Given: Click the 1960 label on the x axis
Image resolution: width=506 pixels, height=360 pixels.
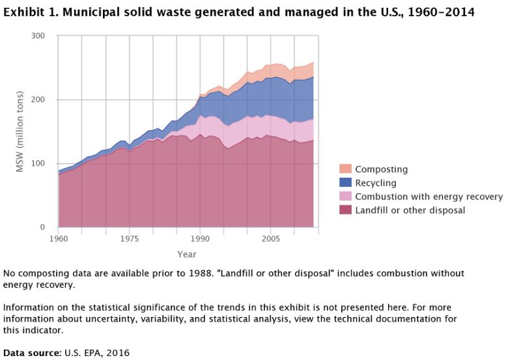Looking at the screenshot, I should pos(59,239).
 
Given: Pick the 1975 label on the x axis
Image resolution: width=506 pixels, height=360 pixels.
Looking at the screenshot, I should pos(130,239).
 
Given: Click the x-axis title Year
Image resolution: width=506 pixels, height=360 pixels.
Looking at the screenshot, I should pos(187,255).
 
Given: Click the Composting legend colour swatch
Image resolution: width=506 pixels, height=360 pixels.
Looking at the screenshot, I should pos(345,169).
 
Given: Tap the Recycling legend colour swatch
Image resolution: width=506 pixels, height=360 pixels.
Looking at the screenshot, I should pos(345,183).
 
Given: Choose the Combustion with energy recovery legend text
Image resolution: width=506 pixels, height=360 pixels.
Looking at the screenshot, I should pos(429,197).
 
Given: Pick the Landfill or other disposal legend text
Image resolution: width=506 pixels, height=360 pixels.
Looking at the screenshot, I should pos(410,210).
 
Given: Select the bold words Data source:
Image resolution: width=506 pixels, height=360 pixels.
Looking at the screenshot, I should pos(32,353).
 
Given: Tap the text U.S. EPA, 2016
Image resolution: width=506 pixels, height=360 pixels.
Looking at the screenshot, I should pos(96,353).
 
